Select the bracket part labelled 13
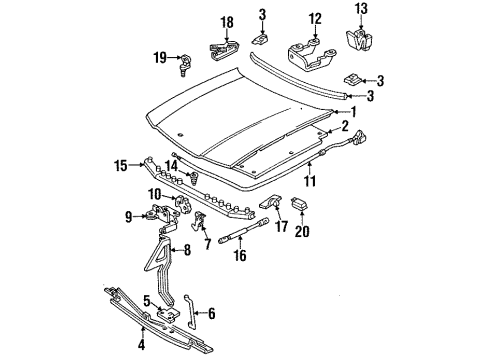click(x=357, y=40)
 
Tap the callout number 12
click(x=316, y=17)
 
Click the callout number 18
click(x=227, y=21)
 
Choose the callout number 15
click(x=149, y=164)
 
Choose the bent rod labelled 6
click(x=191, y=313)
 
